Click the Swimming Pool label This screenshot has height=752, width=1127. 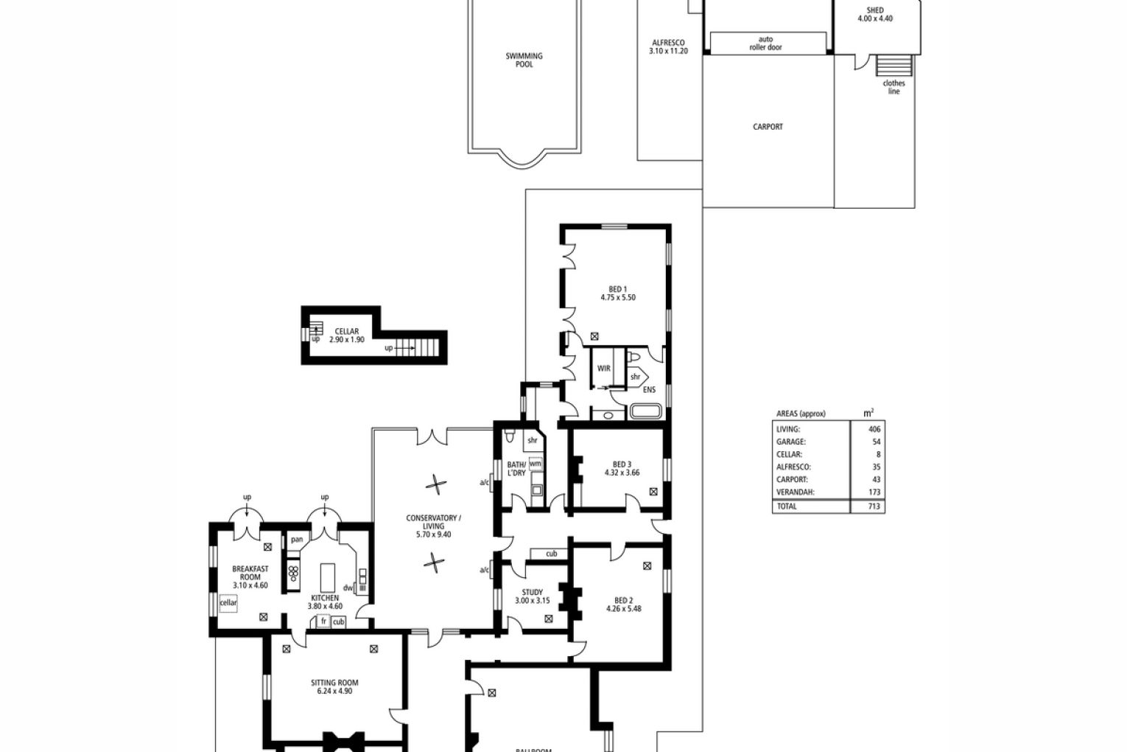tap(524, 60)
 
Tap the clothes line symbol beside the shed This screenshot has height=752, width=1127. tap(894, 66)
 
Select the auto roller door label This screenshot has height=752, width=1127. tap(766, 43)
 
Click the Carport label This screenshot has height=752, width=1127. tap(768, 127)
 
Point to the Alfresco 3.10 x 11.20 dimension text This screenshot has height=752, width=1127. tap(668, 51)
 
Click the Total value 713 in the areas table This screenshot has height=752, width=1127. tap(874, 506)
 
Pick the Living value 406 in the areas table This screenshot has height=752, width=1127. tap(874, 429)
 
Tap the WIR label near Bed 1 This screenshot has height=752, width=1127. tap(604, 368)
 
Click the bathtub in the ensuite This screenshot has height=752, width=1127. tap(645, 411)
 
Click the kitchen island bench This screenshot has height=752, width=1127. tap(328, 578)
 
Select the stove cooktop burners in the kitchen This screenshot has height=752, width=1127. tap(293, 573)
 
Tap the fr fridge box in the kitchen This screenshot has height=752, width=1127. tap(323, 621)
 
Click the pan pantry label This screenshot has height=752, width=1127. tap(297, 540)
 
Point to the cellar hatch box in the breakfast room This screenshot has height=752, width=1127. tap(228, 603)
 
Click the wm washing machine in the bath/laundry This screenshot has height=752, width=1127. tap(536, 464)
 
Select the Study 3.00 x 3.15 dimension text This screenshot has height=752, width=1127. tap(533, 600)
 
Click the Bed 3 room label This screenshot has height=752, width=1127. tap(622, 464)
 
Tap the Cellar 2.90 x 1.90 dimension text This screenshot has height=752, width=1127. tap(347, 339)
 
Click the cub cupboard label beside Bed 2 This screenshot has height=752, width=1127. tap(552, 554)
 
